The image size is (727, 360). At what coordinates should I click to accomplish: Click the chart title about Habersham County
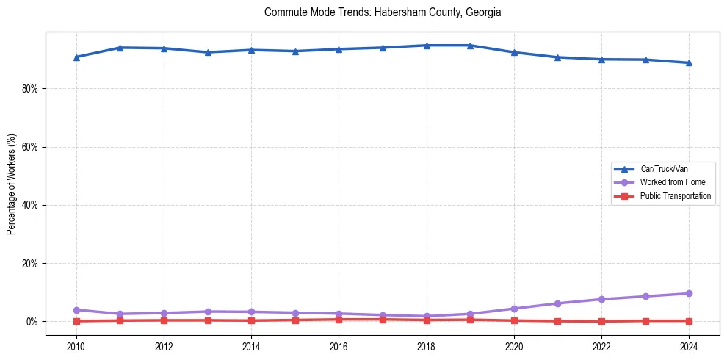383,12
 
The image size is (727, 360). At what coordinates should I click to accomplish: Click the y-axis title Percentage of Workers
11,184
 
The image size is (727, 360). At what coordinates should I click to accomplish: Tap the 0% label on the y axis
32,322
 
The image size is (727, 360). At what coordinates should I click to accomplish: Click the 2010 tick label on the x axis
76,346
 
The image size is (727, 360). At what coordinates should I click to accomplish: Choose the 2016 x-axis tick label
339,346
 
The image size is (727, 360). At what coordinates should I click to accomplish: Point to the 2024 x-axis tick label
689,346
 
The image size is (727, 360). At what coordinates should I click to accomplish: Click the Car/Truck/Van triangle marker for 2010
76,57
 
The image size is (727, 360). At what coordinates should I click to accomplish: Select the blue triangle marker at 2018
427,46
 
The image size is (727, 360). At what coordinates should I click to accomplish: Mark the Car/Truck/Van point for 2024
689,63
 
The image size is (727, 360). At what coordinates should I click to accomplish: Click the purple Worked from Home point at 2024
689,294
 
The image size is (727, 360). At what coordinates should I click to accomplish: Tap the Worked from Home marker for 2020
514,309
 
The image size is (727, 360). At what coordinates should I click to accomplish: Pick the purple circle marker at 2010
76,310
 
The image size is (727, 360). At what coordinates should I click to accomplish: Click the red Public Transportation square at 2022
601,321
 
